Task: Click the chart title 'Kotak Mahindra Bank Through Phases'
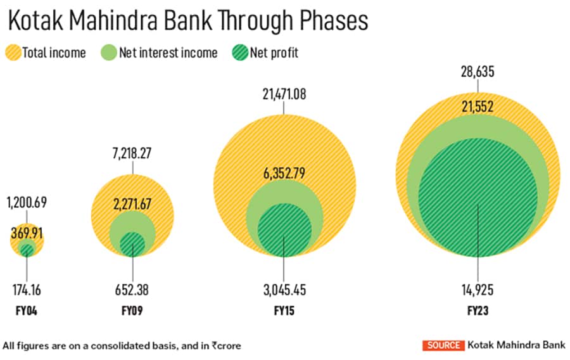[x=187, y=22]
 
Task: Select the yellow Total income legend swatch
[x=13, y=53]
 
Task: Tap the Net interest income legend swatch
[x=108, y=53]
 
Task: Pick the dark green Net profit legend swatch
[x=239, y=53]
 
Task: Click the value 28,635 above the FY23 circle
[x=478, y=72]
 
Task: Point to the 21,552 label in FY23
[x=477, y=108]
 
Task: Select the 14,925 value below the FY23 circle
[x=478, y=291]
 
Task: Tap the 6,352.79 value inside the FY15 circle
[x=284, y=171]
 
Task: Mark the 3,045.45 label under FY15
[x=284, y=291]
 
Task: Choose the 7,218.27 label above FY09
[x=132, y=152]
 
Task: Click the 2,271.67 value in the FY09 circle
[x=132, y=204]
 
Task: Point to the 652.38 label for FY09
[x=132, y=291]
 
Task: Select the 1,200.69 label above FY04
[x=27, y=203]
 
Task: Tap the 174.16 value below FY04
[x=27, y=291]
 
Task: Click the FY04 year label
[x=27, y=312]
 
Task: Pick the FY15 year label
[x=284, y=312]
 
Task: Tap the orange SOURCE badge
[x=443, y=345]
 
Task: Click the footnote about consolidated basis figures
[x=122, y=345]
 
